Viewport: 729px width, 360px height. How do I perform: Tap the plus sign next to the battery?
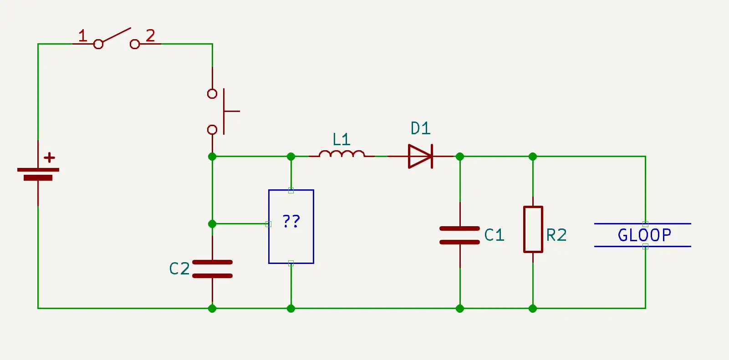[49, 158]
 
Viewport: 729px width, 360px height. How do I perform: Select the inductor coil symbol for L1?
[342, 155]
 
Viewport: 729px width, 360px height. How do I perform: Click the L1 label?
[341, 139]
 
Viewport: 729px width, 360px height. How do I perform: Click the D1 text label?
[420, 128]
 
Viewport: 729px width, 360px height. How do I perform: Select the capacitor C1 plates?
[459, 235]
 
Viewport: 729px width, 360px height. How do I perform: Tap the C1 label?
[494, 235]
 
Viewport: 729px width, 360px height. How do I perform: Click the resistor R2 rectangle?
[533, 229]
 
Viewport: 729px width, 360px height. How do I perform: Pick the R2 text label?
[556, 235]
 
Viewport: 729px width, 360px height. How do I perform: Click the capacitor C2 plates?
[212, 269]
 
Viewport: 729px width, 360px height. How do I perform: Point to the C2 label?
[179, 269]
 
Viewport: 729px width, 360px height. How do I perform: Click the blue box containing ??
[291, 226]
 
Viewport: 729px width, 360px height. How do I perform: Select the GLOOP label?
[644, 235]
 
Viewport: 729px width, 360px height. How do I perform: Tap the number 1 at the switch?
[82, 35]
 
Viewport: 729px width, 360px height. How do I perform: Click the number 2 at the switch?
[150, 35]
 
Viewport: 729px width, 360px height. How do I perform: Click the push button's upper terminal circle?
[212, 94]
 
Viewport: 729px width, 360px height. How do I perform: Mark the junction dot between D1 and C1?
[460, 157]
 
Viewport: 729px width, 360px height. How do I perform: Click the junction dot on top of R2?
[533, 157]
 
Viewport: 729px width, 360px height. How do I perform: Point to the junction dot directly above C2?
[212, 224]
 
